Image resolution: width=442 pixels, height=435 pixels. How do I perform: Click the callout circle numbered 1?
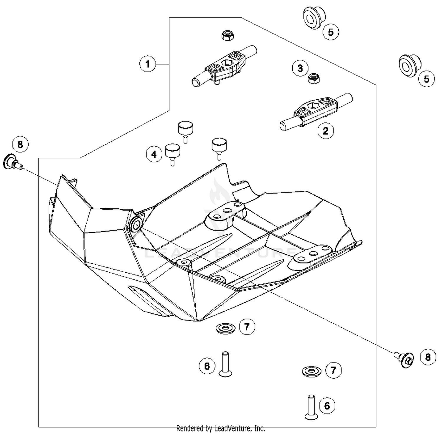[148, 64]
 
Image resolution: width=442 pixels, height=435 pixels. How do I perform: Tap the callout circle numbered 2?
[325, 131]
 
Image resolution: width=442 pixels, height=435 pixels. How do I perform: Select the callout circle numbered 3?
[300, 68]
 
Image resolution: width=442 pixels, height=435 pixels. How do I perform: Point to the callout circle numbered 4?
[154, 154]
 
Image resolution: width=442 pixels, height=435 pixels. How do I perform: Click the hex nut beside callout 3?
[314, 79]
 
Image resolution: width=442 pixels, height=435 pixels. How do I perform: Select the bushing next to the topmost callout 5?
[314, 18]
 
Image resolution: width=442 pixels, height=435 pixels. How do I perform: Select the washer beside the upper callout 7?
[226, 327]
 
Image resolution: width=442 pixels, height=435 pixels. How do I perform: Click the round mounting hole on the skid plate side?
[137, 225]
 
